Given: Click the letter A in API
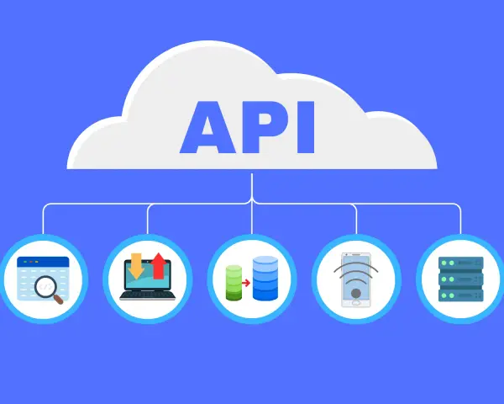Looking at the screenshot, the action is click(207, 128).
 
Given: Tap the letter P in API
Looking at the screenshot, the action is click(260, 128).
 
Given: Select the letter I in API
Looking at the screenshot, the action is click(306, 128).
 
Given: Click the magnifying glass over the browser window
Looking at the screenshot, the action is click(48, 289).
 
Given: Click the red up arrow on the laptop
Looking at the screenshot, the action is click(159, 266).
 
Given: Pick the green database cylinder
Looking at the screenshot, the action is click(234, 283).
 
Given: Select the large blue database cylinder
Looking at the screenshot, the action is click(265, 278).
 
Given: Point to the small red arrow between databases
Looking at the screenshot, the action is click(246, 283).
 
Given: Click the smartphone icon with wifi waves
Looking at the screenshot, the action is click(356, 279).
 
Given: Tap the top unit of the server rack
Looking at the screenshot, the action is click(461, 263).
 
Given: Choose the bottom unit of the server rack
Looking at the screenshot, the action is click(461, 295).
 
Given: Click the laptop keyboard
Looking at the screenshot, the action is click(148, 295).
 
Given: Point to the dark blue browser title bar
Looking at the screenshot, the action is click(43, 262).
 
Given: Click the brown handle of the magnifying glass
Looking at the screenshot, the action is click(58, 300).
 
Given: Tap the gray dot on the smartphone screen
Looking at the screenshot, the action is click(356, 293).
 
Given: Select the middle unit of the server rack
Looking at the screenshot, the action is click(461, 279).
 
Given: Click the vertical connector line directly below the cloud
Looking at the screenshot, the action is click(252, 204).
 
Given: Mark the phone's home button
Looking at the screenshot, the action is click(356, 303).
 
